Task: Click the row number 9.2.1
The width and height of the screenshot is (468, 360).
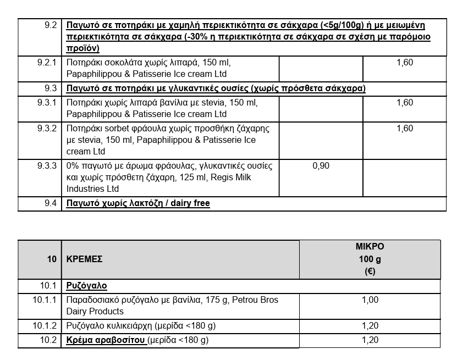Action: pyautogui.click(x=47, y=63)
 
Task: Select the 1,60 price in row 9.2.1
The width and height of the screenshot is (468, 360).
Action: pyautogui.click(x=404, y=63)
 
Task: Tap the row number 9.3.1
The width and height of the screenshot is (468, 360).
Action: pyautogui.click(x=47, y=103)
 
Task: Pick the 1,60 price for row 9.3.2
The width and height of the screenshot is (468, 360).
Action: pyautogui.click(x=404, y=129)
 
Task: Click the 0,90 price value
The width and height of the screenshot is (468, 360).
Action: pyautogui.click(x=321, y=165)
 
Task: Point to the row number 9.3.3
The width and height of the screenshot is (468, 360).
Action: pyautogui.click(x=47, y=165)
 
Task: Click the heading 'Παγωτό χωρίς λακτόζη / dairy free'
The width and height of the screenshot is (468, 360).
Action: pyautogui.click(x=138, y=203)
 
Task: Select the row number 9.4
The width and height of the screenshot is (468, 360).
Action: pyautogui.click(x=51, y=203)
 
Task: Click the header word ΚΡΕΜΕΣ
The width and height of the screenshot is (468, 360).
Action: pyautogui.click(x=84, y=259)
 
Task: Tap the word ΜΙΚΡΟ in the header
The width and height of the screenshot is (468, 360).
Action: pyautogui.click(x=370, y=247)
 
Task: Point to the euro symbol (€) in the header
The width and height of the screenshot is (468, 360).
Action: pyautogui.click(x=370, y=271)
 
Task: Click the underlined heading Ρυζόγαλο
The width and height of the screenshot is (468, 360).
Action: pyautogui.click(x=86, y=286)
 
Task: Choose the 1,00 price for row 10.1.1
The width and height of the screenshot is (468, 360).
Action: pyautogui.click(x=370, y=300)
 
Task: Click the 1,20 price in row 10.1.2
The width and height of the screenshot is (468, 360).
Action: pyautogui.click(x=370, y=326)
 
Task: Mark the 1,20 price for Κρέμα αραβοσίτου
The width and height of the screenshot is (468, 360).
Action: pyautogui.click(x=370, y=340)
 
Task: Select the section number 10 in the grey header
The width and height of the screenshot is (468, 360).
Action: pyautogui.click(x=52, y=259)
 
